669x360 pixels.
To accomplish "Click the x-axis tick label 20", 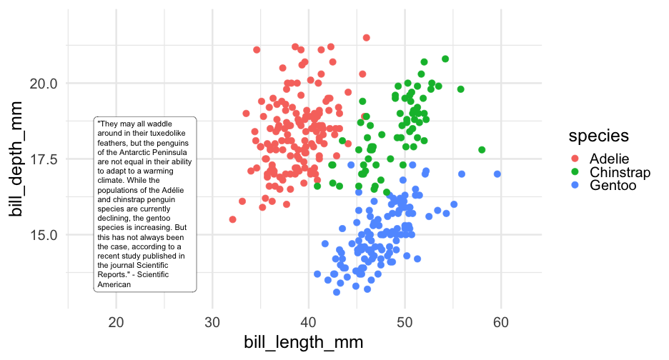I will (116, 322).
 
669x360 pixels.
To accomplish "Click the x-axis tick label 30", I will (212, 322).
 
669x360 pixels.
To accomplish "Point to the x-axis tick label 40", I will (308, 322).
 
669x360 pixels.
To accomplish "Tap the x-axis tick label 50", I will (405, 322).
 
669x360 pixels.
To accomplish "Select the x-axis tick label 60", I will (500, 322).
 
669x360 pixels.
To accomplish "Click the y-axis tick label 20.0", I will (44, 84).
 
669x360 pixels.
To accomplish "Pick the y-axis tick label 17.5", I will (44, 159).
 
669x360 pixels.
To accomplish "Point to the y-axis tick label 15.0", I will (44, 234).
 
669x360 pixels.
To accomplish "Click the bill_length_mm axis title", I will (304, 343).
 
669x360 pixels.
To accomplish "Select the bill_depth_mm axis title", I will (16, 159).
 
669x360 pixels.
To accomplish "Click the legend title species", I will (598, 135).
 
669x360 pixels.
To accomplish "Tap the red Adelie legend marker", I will (575, 159).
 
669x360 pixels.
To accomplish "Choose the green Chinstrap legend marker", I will (575, 172).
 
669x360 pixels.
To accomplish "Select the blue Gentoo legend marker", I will (575, 186).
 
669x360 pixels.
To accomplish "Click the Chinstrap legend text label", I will (620, 172).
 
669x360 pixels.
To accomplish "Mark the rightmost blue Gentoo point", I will (497, 174).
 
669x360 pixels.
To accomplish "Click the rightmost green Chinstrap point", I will (482, 150).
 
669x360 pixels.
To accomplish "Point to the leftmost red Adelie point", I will (232, 219).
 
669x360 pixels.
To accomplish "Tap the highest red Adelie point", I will (367, 38).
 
